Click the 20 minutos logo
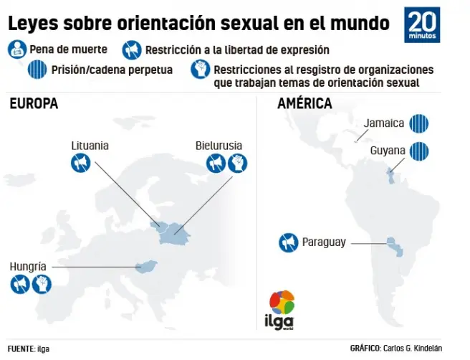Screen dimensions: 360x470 click(422, 25)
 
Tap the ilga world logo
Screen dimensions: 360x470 click(282, 310)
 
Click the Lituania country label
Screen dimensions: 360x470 click(90, 146)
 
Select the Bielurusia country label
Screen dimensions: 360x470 click(219, 146)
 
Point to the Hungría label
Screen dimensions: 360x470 click(28, 267)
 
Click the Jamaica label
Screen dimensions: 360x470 click(384, 123)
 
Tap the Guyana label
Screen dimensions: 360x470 click(388, 151)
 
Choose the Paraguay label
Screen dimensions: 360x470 click(324, 242)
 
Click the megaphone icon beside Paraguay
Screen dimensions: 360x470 click(288, 242)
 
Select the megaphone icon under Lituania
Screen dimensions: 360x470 click(80, 164)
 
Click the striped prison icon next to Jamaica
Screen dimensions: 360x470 click(419, 123)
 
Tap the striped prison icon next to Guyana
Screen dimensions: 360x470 click(419, 151)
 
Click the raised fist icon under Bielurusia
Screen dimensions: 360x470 click(236, 164)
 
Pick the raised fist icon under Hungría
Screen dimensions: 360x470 click(42, 285)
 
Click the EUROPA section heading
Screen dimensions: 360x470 click(34, 104)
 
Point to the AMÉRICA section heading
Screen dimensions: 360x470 click(304, 104)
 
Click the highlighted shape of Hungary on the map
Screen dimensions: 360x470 click(147, 267)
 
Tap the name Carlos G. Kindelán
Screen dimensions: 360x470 click(428, 348)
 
